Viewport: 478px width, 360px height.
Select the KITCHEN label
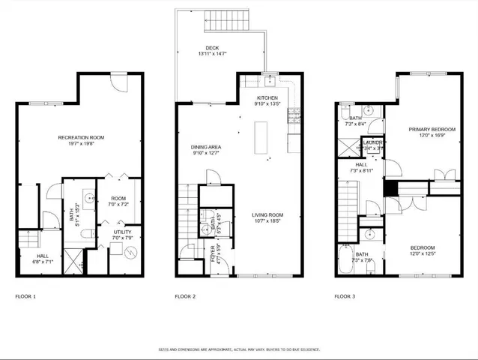click(x=268, y=98)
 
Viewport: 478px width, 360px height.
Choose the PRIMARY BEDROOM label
click(x=432, y=130)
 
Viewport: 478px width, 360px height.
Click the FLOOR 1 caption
click(x=25, y=296)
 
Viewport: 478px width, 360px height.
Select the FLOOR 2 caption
click(x=185, y=296)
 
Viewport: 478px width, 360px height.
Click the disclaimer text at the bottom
click(x=239, y=349)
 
